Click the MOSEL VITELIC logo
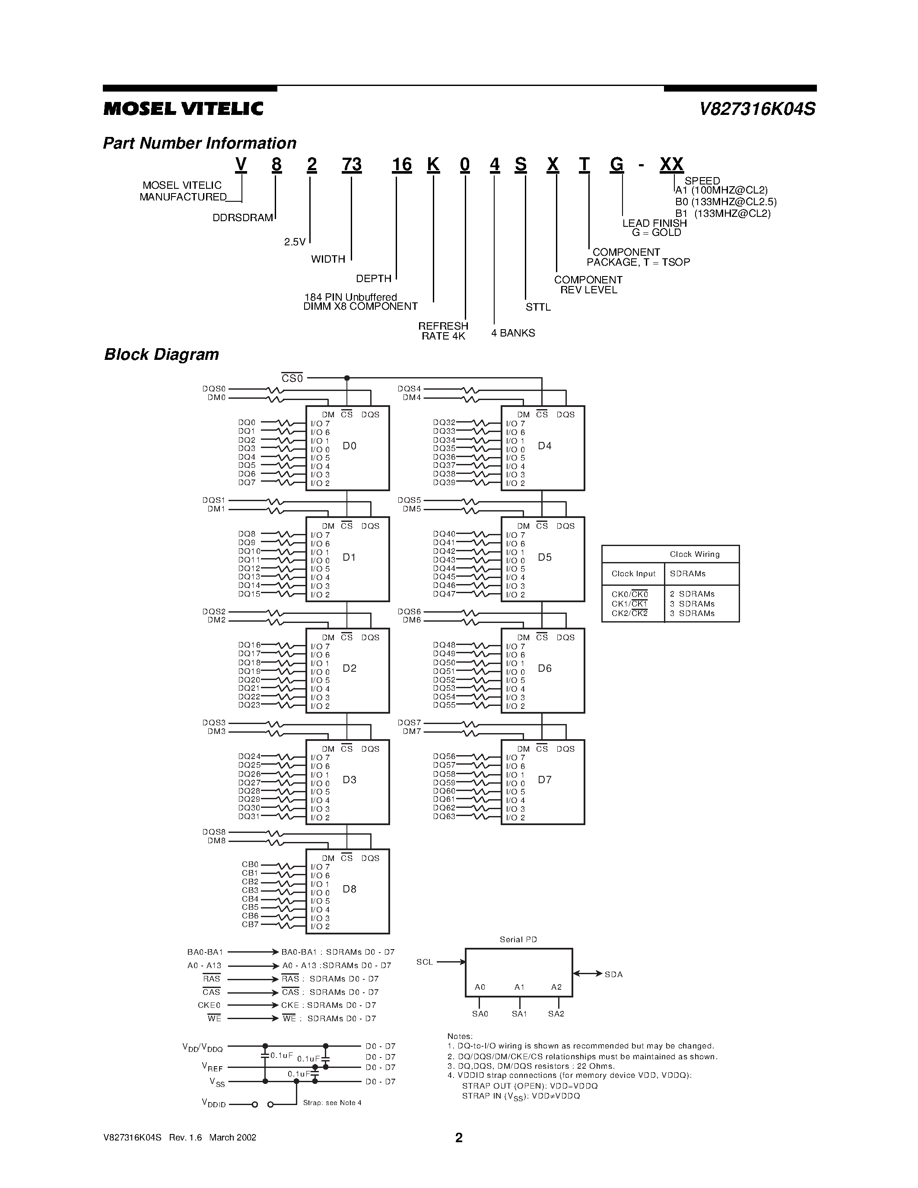coord(183,109)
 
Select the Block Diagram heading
coord(162,355)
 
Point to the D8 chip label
coord(349,889)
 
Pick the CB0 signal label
coord(250,864)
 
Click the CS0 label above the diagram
coord(292,378)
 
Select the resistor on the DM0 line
coord(275,399)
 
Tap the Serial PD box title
coord(518,940)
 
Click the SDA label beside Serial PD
coord(613,974)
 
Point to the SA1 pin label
coord(519,1014)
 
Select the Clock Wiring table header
coord(695,554)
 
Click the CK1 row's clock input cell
coord(629,604)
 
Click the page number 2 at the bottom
coord(459,1138)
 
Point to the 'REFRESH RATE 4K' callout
coord(443,331)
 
